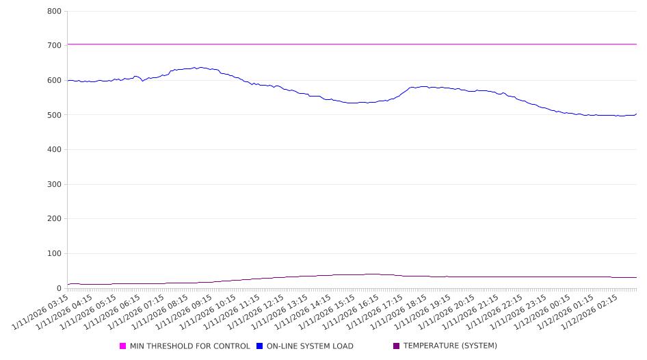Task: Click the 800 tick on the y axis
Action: coord(55,12)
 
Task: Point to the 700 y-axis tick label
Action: coord(55,46)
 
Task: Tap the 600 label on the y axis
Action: coord(55,81)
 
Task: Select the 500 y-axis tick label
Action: coord(55,115)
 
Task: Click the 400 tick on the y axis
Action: coord(55,150)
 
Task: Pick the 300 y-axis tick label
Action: coord(55,185)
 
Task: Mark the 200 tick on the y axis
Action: coord(55,219)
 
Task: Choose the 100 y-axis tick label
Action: coord(55,254)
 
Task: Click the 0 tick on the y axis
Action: coord(60,289)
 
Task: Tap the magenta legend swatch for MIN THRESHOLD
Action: coord(123,346)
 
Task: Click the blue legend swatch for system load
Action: coord(260,346)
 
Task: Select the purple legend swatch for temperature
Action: coord(397,346)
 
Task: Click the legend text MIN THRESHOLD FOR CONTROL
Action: coord(190,346)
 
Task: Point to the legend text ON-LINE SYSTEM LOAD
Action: coord(310,346)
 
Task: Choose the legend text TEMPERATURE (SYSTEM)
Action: coord(450,346)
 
